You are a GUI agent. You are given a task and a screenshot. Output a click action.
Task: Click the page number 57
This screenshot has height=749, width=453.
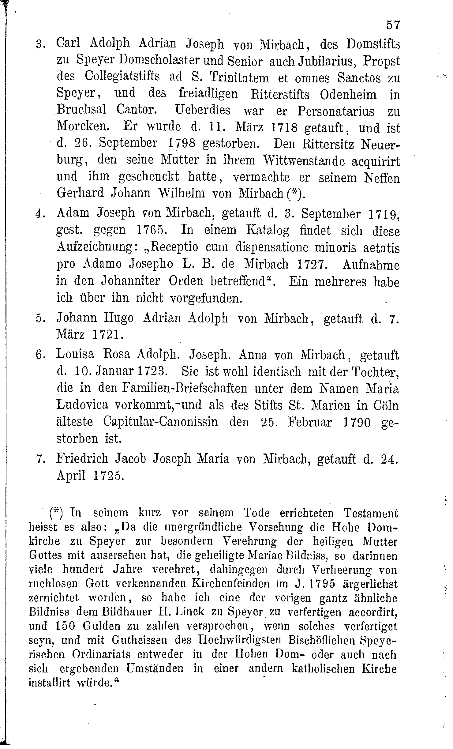(x=393, y=25)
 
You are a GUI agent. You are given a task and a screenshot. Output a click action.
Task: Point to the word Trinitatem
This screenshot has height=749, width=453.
(x=239, y=77)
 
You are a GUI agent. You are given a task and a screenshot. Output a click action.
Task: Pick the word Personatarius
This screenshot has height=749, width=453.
(x=336, y=111)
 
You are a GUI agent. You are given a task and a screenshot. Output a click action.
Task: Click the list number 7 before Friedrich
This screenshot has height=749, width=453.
(x=39, y=459)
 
